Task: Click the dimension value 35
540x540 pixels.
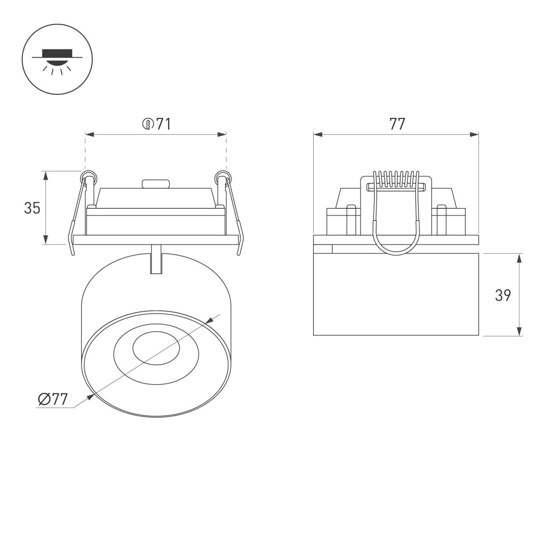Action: (32, 208)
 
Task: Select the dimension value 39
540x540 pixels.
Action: (503, 295)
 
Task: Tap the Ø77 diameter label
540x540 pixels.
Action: (53, 399)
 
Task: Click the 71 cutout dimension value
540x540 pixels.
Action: (163, 124)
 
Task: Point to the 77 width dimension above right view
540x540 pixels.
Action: (397, 124)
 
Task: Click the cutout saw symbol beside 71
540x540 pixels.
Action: (148, 124)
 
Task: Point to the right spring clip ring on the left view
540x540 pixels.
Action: (221, 175)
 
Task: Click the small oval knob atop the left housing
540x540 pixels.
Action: (155, 184)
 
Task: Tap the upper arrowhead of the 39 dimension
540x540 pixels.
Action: (520, 258)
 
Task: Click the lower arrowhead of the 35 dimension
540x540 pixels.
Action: (46, 240)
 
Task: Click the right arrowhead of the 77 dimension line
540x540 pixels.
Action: (474, 134)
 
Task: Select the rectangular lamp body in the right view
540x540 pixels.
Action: (396, 295)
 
